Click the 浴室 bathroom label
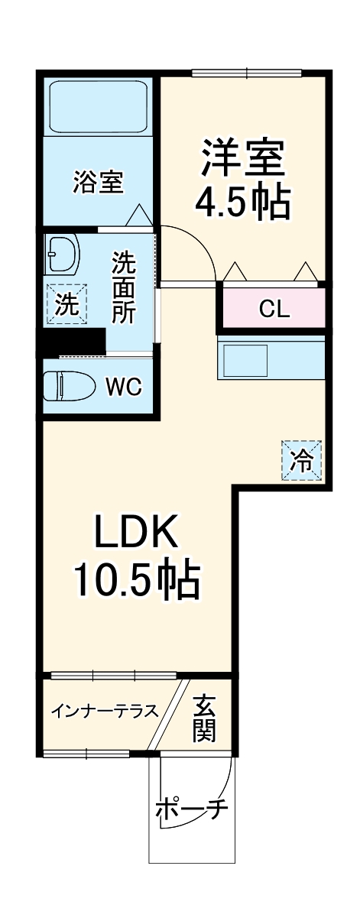98,183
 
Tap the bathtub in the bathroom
98,106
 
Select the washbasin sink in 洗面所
62,254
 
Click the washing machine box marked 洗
66,304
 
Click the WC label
123,387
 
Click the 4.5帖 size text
242,202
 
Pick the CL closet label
274,309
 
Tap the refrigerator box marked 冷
302,460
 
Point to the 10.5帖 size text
136,580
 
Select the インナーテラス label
105,712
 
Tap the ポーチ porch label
192,809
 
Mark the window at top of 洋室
247,73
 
